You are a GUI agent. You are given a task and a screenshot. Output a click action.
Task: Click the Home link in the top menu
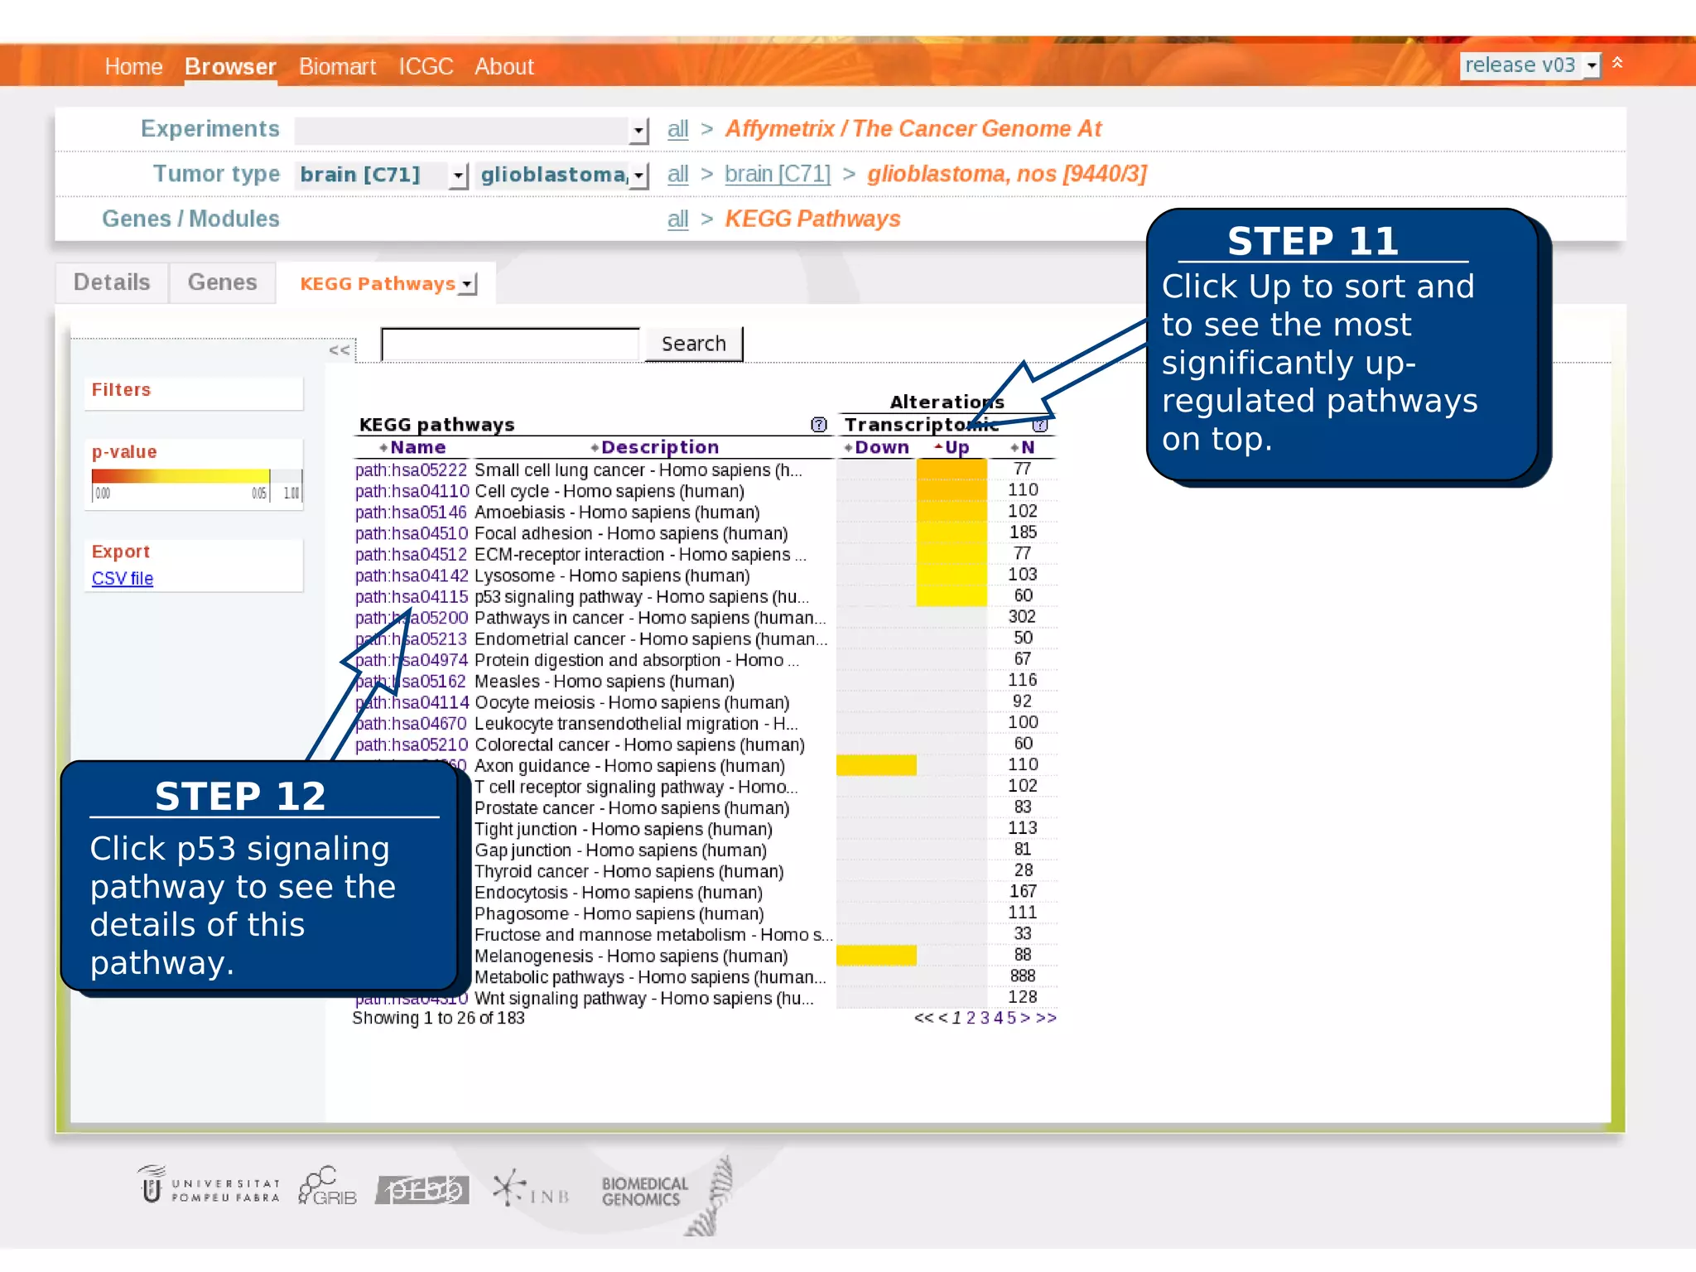click(x=133, y=66)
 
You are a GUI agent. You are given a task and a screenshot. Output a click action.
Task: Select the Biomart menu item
click(x=337, y=66)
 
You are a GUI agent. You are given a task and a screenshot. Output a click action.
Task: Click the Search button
click(x=693, y=344)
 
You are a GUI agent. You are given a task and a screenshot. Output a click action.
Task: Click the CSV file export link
click(x=123, y=578)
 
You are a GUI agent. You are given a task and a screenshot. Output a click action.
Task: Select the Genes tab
click(x=222, y=282)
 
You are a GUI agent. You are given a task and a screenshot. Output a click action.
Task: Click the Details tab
click(x=112, y=282)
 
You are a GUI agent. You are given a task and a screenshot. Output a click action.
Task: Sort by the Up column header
click(x=956, y=447)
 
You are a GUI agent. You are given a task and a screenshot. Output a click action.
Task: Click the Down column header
click(x=880, y=447)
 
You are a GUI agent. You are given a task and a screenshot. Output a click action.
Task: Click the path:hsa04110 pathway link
click(x=412, y=491)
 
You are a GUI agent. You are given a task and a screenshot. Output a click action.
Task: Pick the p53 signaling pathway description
click(x=641, y=597)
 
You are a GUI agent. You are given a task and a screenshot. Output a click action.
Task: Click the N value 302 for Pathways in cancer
click(x=1022, y=617)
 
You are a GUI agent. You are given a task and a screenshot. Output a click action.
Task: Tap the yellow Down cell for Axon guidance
click(x=876, y=765)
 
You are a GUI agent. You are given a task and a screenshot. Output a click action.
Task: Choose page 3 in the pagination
click(x=985, y=1018)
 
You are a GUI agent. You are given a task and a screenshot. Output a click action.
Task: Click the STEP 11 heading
click(x=1313, y=241)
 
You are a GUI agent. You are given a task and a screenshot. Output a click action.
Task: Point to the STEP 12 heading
click(x=240, y=796)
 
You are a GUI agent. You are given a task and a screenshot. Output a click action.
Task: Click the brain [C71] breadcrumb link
click(x=777, y=174)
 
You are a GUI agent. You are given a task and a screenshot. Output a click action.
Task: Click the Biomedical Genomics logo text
click(x=644, y=1191)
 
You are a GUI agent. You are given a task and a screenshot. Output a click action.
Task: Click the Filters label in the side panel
click(x=121, y=389)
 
